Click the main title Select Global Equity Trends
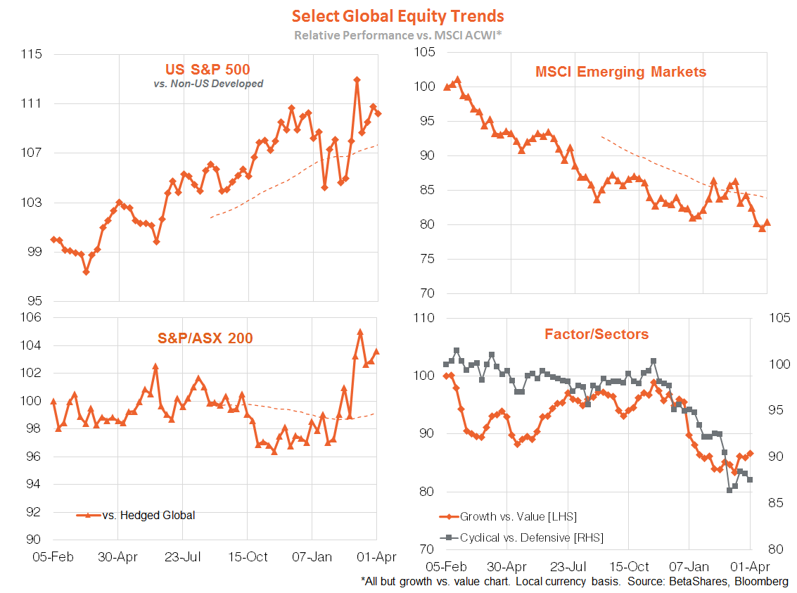pos(398,15)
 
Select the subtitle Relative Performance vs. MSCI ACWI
pos(397,34)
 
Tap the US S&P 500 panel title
pos(208,69)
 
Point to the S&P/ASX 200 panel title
pos(204,338)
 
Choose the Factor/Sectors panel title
pos(597,334)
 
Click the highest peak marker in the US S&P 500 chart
pos(357,80)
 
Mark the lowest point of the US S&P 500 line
pos(86,272)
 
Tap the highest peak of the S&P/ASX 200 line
pos(360,332)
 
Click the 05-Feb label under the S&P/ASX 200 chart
pos(53,557)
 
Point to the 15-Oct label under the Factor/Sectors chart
pos(629,566)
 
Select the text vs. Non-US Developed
pos(208,84)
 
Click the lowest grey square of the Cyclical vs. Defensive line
pos(729,490)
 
